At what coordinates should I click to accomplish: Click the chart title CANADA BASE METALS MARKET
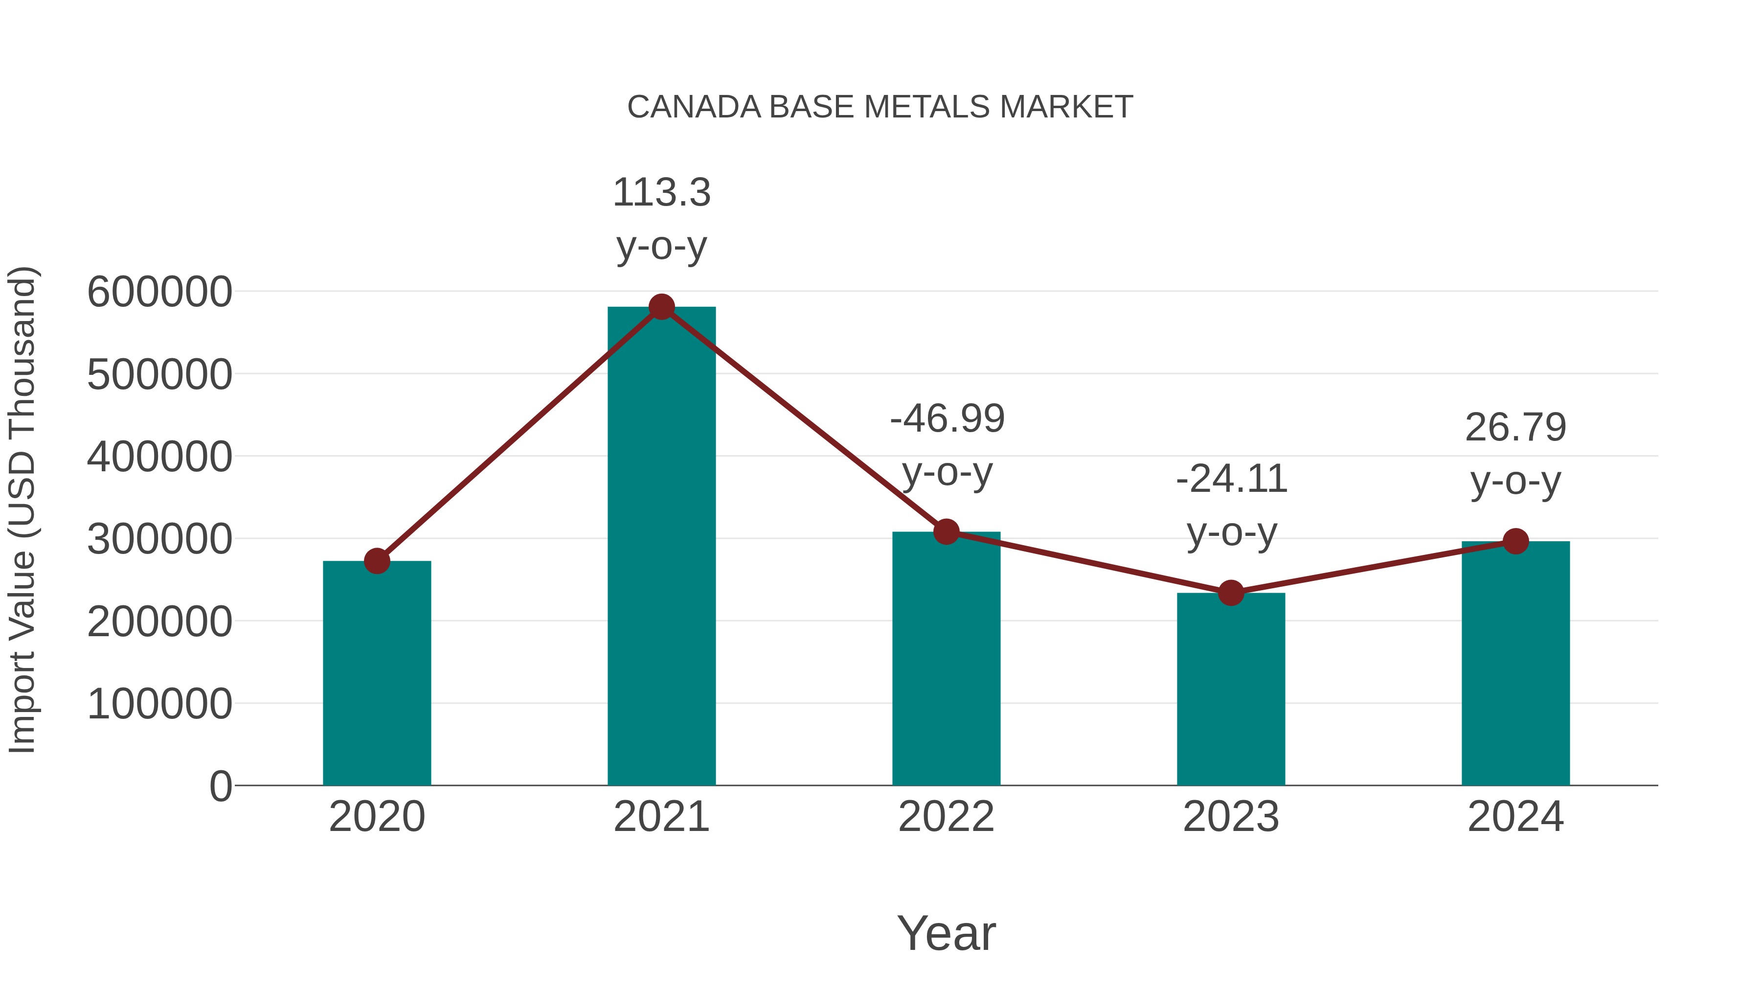880,107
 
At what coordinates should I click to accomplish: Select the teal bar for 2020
377,674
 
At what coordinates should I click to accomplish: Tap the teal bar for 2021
661,547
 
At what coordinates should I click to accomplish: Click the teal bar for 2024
1515,664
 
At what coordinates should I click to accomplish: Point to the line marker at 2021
661,307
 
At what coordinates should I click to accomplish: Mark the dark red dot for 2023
1231,593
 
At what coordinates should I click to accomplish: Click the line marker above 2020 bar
377,561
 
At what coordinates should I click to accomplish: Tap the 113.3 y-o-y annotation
661,219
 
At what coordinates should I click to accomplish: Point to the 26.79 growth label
1515,454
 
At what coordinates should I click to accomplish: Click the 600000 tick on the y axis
159,292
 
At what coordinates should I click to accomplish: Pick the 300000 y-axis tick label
159,540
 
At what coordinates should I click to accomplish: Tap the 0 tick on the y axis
220,786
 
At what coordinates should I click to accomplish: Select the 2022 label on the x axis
946,817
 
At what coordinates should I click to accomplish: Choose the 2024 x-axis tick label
1515,817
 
